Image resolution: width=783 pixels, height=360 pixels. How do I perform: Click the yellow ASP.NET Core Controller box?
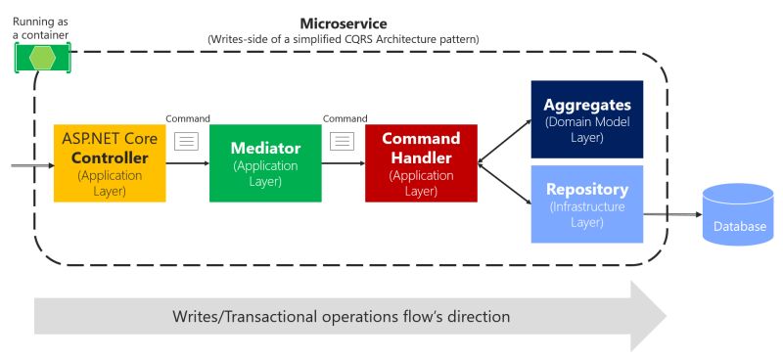click(109, 162)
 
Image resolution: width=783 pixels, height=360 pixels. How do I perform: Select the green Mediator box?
click(265, 162)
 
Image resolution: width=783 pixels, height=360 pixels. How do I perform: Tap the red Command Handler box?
click(421, 162)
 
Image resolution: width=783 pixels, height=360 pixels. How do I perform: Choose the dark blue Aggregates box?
click(586, 119)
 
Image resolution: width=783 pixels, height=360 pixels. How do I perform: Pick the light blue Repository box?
click(586, 203)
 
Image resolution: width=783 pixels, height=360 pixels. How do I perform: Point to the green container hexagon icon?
click(43, 57)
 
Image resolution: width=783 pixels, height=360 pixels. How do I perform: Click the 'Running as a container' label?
click(40, 26)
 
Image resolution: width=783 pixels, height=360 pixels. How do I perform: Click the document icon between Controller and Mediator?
click(186, 141)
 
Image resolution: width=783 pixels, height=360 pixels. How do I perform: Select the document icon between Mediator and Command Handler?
click(342, 141)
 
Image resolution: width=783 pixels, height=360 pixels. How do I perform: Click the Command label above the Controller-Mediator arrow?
click(188, 119)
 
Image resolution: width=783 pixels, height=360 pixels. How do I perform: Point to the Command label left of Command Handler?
click(345, 119)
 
